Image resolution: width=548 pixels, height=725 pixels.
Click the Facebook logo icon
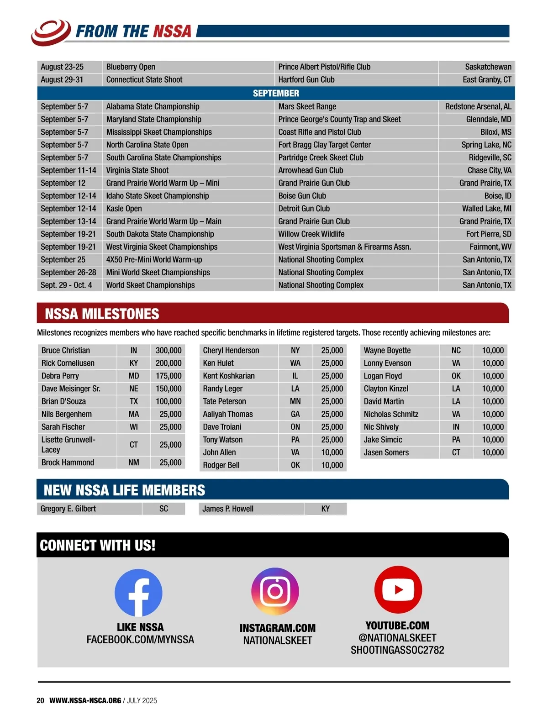point(138,593)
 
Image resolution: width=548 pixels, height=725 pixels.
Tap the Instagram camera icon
point(275,591)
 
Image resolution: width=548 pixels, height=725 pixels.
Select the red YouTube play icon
point(398,589)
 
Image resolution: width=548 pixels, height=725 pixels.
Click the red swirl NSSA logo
point(51,32)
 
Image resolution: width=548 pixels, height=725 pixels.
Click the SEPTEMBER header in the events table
point(276,93)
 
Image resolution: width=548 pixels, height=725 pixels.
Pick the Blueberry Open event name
point(131,67)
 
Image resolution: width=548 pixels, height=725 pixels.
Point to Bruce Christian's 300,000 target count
point(168,350)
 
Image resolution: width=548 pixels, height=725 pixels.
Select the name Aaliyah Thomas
point(227,414)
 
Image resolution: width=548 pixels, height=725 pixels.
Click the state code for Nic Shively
point(456,427)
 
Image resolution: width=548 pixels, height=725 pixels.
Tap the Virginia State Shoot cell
point(137,170)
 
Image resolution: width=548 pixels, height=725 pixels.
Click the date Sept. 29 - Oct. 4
point(66,285)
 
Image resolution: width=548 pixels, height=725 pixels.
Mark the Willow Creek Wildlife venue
point(311,234)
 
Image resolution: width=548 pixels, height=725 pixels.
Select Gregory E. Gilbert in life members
point(68,509)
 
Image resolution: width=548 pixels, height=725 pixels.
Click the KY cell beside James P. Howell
point(325,509)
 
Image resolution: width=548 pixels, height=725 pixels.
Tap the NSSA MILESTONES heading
point(102,314)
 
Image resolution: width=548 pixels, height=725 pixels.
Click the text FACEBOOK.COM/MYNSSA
point(140,640)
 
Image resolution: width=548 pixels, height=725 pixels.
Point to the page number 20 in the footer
point(40,700)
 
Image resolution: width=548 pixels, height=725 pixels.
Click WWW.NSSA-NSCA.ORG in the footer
point(85,700)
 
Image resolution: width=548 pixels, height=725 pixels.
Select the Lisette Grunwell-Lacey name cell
point(68,445)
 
